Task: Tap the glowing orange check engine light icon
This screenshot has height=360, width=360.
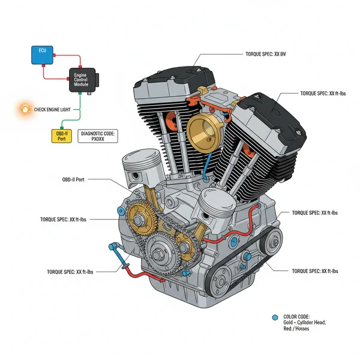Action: (x=25, y=110)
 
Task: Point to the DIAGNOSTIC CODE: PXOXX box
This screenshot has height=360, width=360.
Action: (x=98, y=135)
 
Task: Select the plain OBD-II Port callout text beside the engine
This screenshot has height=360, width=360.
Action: (x=77, y=179)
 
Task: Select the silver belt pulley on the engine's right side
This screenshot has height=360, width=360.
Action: (x=273, y=242)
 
